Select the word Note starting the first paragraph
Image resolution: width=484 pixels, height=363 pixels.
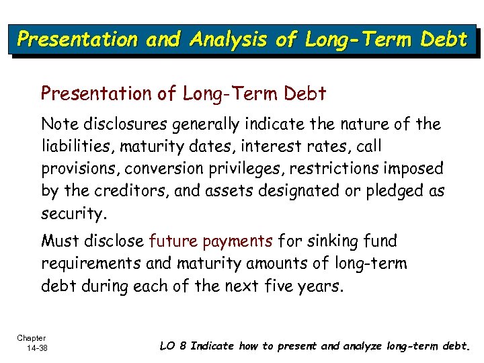pyautogui.click(x=58, y=124)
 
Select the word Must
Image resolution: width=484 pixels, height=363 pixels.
pyautogui.click(x=59, y=241)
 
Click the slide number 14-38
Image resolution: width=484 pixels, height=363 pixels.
pyautogui.click(x=32, y=348)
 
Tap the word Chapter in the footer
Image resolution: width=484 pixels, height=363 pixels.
pyautogui.click(x=32, y=338)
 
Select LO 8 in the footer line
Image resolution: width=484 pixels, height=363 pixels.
pyautogui.click(x=173, y=346)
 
